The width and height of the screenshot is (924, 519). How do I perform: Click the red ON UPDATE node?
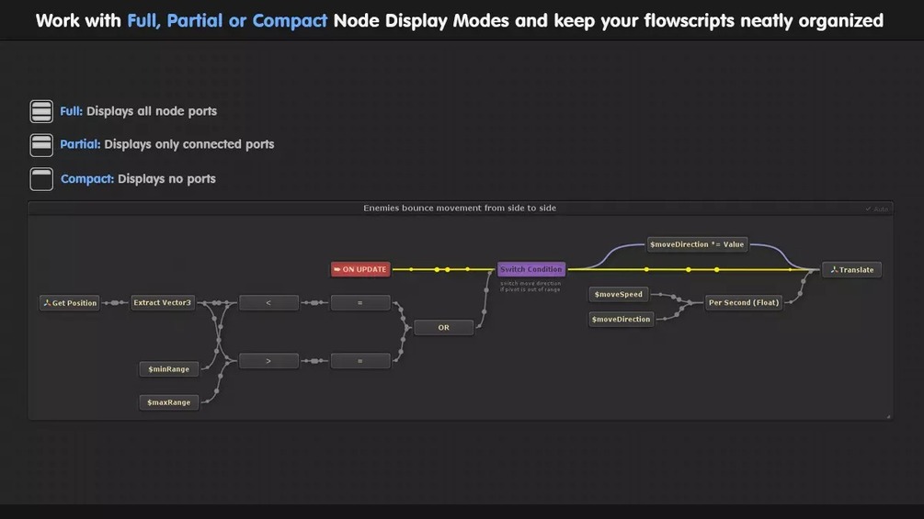pos(360,269)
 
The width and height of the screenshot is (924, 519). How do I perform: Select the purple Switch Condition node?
pos(531,269)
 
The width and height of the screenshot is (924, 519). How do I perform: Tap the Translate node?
pos(851,269)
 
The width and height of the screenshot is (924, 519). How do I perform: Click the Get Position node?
pos(70,302)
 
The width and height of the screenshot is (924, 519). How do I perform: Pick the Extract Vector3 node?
pos(163,302)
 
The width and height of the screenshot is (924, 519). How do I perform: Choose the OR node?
pos(443,327)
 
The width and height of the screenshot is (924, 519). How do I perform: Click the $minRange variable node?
pos(169,369)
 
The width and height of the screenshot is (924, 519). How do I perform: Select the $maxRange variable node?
pos(169,402)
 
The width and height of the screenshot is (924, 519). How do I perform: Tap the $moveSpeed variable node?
pos(619,294)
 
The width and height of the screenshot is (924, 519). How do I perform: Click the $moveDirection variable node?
pos(622,319)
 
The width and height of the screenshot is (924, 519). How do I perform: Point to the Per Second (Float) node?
pos(743,302)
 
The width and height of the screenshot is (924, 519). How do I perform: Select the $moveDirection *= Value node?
pos(697,244)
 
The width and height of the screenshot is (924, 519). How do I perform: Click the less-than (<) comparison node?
pos(268,302)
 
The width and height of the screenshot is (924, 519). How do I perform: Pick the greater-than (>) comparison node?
pos(268,361)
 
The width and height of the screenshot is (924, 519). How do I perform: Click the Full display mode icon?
pos(41,111)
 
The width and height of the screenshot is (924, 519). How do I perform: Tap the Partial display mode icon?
pos(41,144)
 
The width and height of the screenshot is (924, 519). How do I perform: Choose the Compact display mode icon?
pos(41,178)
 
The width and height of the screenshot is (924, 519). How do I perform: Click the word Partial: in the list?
pos(80,144)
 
